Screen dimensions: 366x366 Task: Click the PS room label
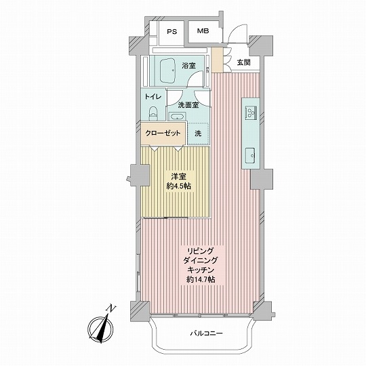pos(171,32)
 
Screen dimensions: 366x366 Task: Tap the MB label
pos(203,30)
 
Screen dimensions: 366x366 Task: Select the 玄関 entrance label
pos(244,62)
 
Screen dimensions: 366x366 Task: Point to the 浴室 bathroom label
pos(188,66)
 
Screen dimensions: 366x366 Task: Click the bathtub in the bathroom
pos(167,70)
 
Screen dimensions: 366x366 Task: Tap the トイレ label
pos(153,97)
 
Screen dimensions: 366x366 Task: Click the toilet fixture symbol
pos(153,113)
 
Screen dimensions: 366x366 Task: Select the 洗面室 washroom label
pos(188,105)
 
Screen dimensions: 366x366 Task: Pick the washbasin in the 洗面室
pos(177,116)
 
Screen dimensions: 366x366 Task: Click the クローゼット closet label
pos(163,134)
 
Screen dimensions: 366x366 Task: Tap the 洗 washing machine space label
pos(198,134)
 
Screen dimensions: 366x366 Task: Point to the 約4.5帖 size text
pos(178,186)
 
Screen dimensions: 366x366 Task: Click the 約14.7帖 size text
pos(201,279)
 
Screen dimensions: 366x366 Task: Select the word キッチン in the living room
pos(201,270)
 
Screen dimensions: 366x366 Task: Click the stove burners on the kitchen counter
pos(251,112)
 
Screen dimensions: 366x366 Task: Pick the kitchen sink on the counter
pos(250,155)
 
